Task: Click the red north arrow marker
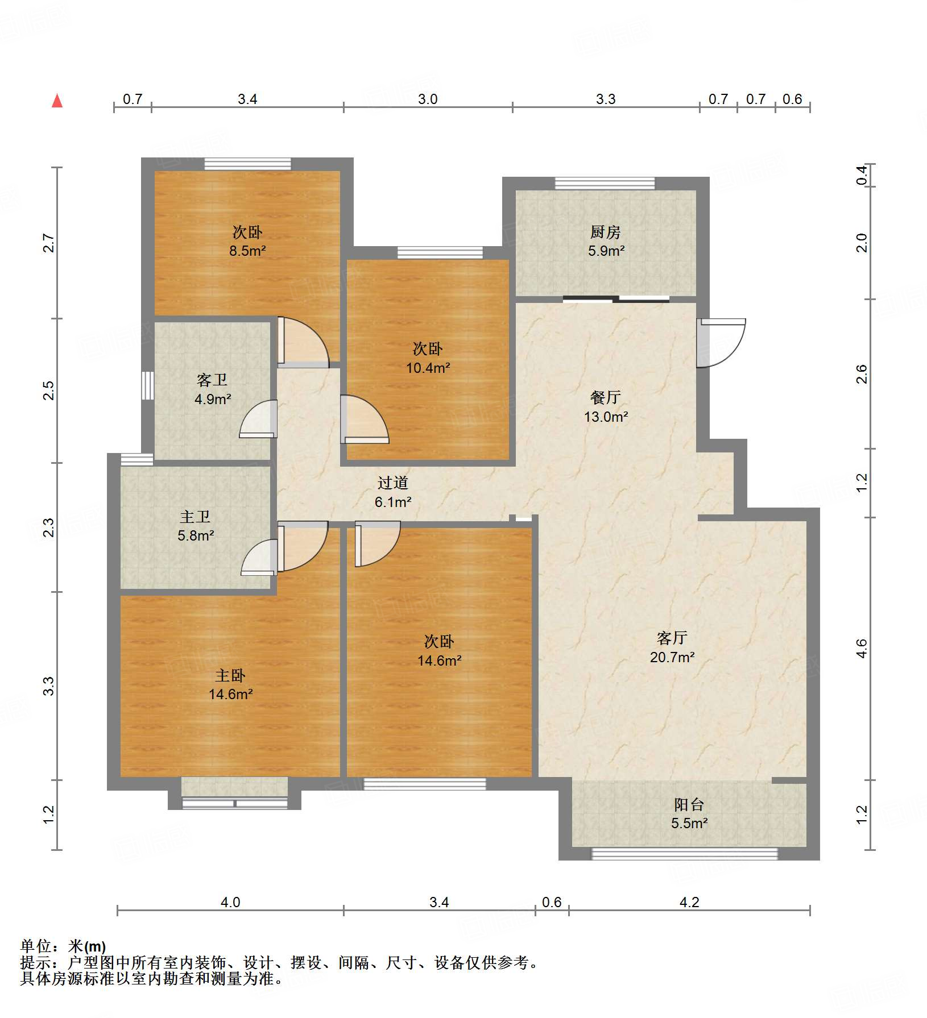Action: coord(57,101)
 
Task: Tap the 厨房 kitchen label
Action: coord(605,232)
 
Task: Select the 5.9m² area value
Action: coord(606,251)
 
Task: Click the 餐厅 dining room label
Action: coord(605,397)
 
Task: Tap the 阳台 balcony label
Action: coord(689,804)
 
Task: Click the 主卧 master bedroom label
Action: coord(230,675)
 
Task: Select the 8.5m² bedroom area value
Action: coord(247,251)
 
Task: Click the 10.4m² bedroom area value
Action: coord(428,368)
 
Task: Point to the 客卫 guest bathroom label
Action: coord(212,380)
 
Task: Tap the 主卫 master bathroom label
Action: coord(195,517)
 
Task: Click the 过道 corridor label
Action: coord(392,483)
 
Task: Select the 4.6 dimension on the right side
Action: coord(862,649)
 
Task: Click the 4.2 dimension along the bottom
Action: coord(689,902)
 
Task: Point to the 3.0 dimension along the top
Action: coord(428,99)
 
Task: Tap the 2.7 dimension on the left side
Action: coord(49,243)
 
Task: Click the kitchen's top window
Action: coord(605,183)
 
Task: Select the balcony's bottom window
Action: coord(684,853)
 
